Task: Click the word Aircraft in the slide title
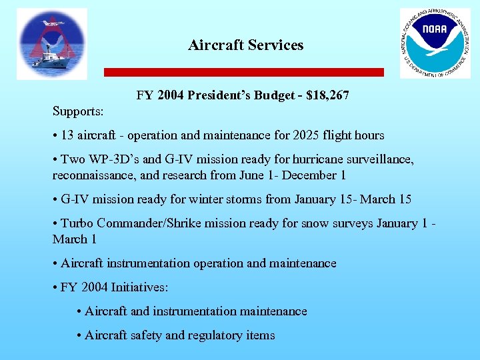click(215, 45)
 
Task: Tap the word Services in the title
click(276, 45)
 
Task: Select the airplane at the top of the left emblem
click(53, 23)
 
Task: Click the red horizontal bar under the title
click(244, 72)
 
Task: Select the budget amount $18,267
click(327, 96)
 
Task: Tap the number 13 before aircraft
click(67, 135)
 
